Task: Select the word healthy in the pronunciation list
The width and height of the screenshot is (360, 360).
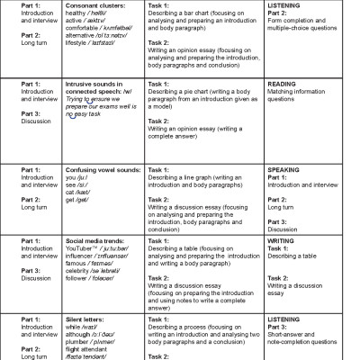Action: (x=76, y=13)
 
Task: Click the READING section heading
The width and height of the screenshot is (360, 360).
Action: (x=283, y=84)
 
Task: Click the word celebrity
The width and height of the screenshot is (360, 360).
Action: (x=79, y=271)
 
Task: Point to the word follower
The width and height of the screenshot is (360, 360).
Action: (x=78, y=278)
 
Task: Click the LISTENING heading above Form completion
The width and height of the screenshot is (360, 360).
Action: (x=285, y=5)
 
